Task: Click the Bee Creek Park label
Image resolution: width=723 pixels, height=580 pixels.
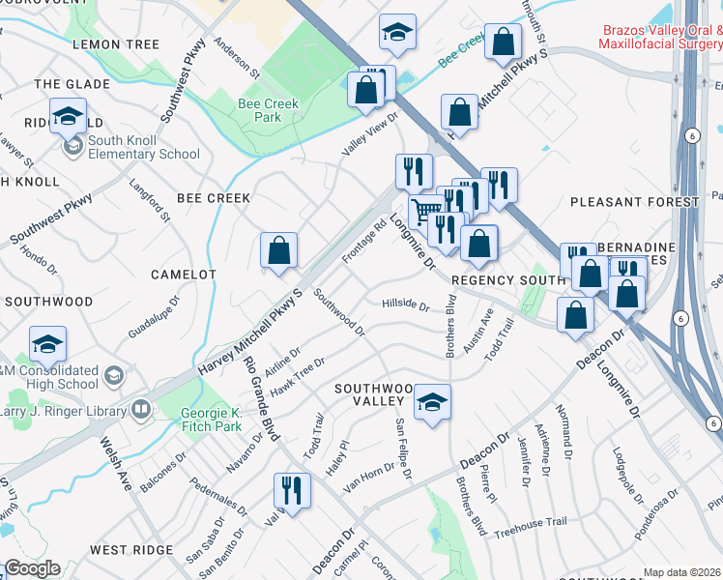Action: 268,110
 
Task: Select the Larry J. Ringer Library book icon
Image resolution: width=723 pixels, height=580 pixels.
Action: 141,410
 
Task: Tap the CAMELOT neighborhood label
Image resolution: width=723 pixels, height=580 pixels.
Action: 184,275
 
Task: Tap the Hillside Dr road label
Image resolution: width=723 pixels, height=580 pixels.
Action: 405,305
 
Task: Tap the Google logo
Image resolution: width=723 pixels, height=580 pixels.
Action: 32,568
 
